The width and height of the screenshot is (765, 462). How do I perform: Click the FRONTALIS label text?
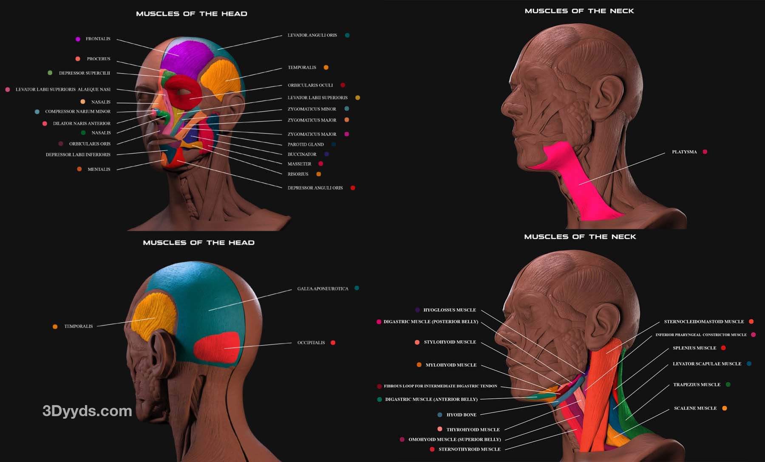pos(98,39)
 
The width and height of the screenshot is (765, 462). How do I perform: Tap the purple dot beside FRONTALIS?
pos(78,39)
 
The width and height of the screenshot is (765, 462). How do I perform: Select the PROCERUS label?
pos(98,59)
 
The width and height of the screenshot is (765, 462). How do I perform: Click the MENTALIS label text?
pos(99,169)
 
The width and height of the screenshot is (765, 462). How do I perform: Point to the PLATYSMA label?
pos(684,152)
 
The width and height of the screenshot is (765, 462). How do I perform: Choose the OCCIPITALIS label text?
pos(311,343)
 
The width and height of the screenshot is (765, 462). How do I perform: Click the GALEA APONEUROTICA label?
pos(323,289)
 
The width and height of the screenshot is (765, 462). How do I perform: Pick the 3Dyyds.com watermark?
pos(87,411)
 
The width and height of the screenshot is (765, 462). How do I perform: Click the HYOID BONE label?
pos(461,415)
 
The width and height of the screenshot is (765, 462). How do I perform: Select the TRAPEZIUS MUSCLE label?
pos(697,385)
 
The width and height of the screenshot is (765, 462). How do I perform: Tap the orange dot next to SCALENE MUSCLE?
pos(725,408)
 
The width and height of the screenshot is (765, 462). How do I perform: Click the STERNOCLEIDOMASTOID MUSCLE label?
pos(704,322)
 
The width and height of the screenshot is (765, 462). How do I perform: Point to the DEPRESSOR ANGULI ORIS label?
pos(315,188)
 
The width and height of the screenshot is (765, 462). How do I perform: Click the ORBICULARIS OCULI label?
pos(310,85)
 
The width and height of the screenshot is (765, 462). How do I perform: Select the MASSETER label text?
pos(299,164)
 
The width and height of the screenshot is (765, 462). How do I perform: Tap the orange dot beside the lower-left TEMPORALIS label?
pos(55,327)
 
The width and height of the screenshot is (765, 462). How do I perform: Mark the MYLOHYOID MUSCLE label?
pos(451,365)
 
